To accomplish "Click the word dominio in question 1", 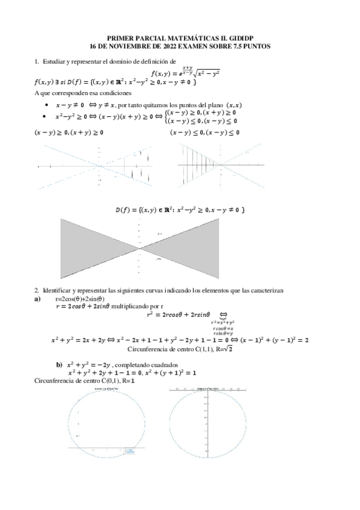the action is click(x=121, y=61).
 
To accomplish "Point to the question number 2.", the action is click(x=37, y=290).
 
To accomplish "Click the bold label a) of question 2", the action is click(x=37, y=298).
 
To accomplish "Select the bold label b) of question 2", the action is click(x=59, y=364).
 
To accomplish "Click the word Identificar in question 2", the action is click(x=57, y=290).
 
